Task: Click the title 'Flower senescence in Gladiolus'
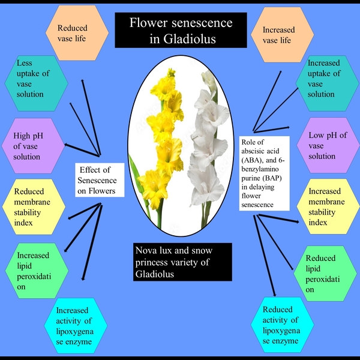coord(180,31)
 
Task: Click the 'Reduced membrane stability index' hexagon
coord(34,208)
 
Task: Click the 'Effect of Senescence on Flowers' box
coord(100,178)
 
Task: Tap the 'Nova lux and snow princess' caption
coord(181,262)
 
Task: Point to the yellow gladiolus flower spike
coord(163,144)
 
